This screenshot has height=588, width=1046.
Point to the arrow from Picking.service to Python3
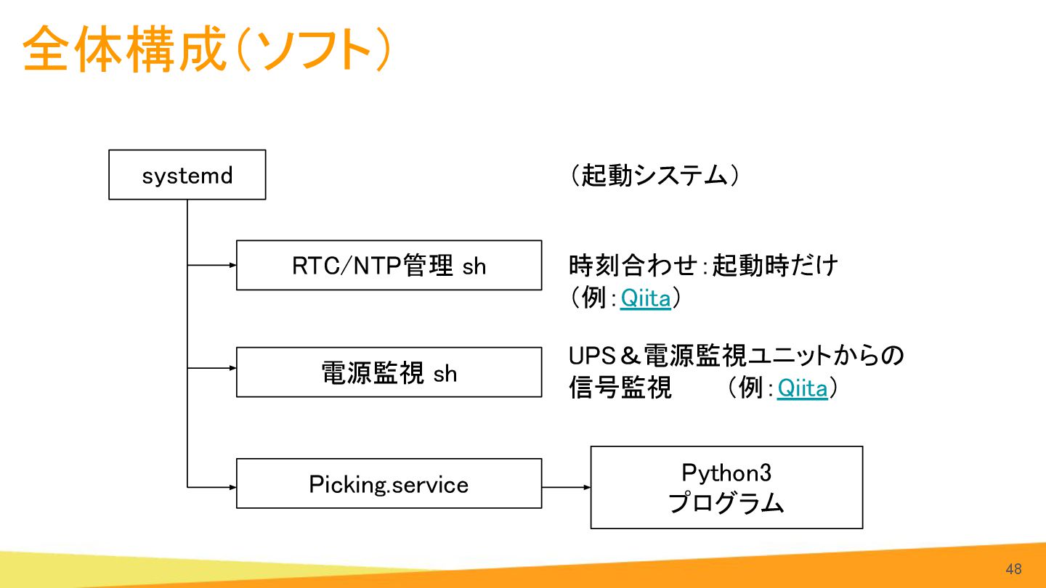coord(567,487)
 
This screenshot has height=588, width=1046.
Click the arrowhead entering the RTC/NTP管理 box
coord(233,265)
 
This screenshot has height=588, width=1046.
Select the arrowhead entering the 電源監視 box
coord(233,368)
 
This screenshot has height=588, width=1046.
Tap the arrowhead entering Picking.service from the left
coord(233,487)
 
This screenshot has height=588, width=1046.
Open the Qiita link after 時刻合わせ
coord(645,298)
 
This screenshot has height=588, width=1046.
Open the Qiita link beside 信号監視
coord(802,388)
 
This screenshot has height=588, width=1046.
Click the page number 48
coord(1014,569)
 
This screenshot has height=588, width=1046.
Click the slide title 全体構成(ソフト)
coord(206,49)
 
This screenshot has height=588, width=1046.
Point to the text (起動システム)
coord(654,176)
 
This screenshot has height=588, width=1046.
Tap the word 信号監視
coord(620,388)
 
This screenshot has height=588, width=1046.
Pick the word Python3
coord(726,473)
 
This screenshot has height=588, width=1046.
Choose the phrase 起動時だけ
coord(775,265)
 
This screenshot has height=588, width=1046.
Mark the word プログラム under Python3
coord(726,503)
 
